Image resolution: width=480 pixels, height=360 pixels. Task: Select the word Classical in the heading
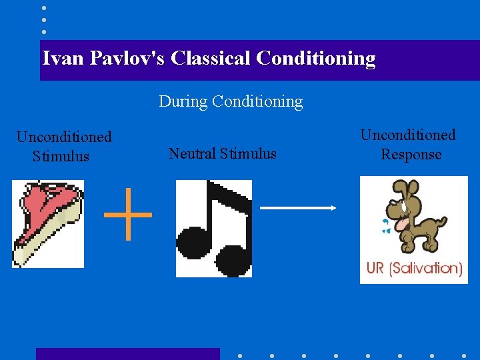tap(210, 59)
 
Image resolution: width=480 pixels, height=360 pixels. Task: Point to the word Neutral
tap(193, 153)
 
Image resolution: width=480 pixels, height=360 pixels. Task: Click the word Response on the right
tap(411, 155)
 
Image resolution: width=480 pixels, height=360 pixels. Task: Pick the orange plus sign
tap(128, 214)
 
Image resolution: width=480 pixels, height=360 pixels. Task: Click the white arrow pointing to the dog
tap(298, 208)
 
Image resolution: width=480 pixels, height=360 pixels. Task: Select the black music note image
tap(213, 228)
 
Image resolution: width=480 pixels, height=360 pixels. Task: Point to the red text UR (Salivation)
tap(414, 269)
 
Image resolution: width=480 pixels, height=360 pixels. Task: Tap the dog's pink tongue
tap(403, 224)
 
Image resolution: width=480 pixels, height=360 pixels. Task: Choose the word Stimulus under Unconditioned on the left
tap(61, 157)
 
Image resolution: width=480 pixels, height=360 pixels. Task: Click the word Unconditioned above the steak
tap(64, 137)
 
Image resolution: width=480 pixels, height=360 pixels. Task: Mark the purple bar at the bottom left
tap(127, 353)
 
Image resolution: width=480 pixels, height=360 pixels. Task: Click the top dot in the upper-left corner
tap(44, 8)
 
